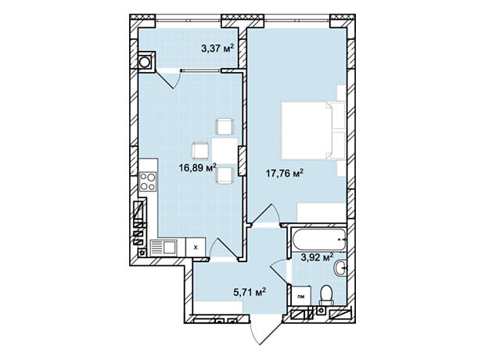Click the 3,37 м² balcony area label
pos(217,49)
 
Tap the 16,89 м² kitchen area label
pos(197,167)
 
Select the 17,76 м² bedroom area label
pos(285,173)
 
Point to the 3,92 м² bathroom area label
pos(317,257)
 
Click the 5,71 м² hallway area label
pos(250,292)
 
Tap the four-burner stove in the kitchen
pos(148,182)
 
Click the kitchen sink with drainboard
pos(163,247)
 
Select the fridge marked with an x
pos(196,247)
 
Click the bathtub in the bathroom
pos(318,239)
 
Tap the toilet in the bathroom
pos(326,295)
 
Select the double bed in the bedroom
pos(313,131)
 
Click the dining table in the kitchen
pos(225,151)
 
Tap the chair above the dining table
pos(224,126)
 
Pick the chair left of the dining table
pos(200,150)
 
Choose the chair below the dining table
pos(224,175)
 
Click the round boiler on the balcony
pos(145,62)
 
